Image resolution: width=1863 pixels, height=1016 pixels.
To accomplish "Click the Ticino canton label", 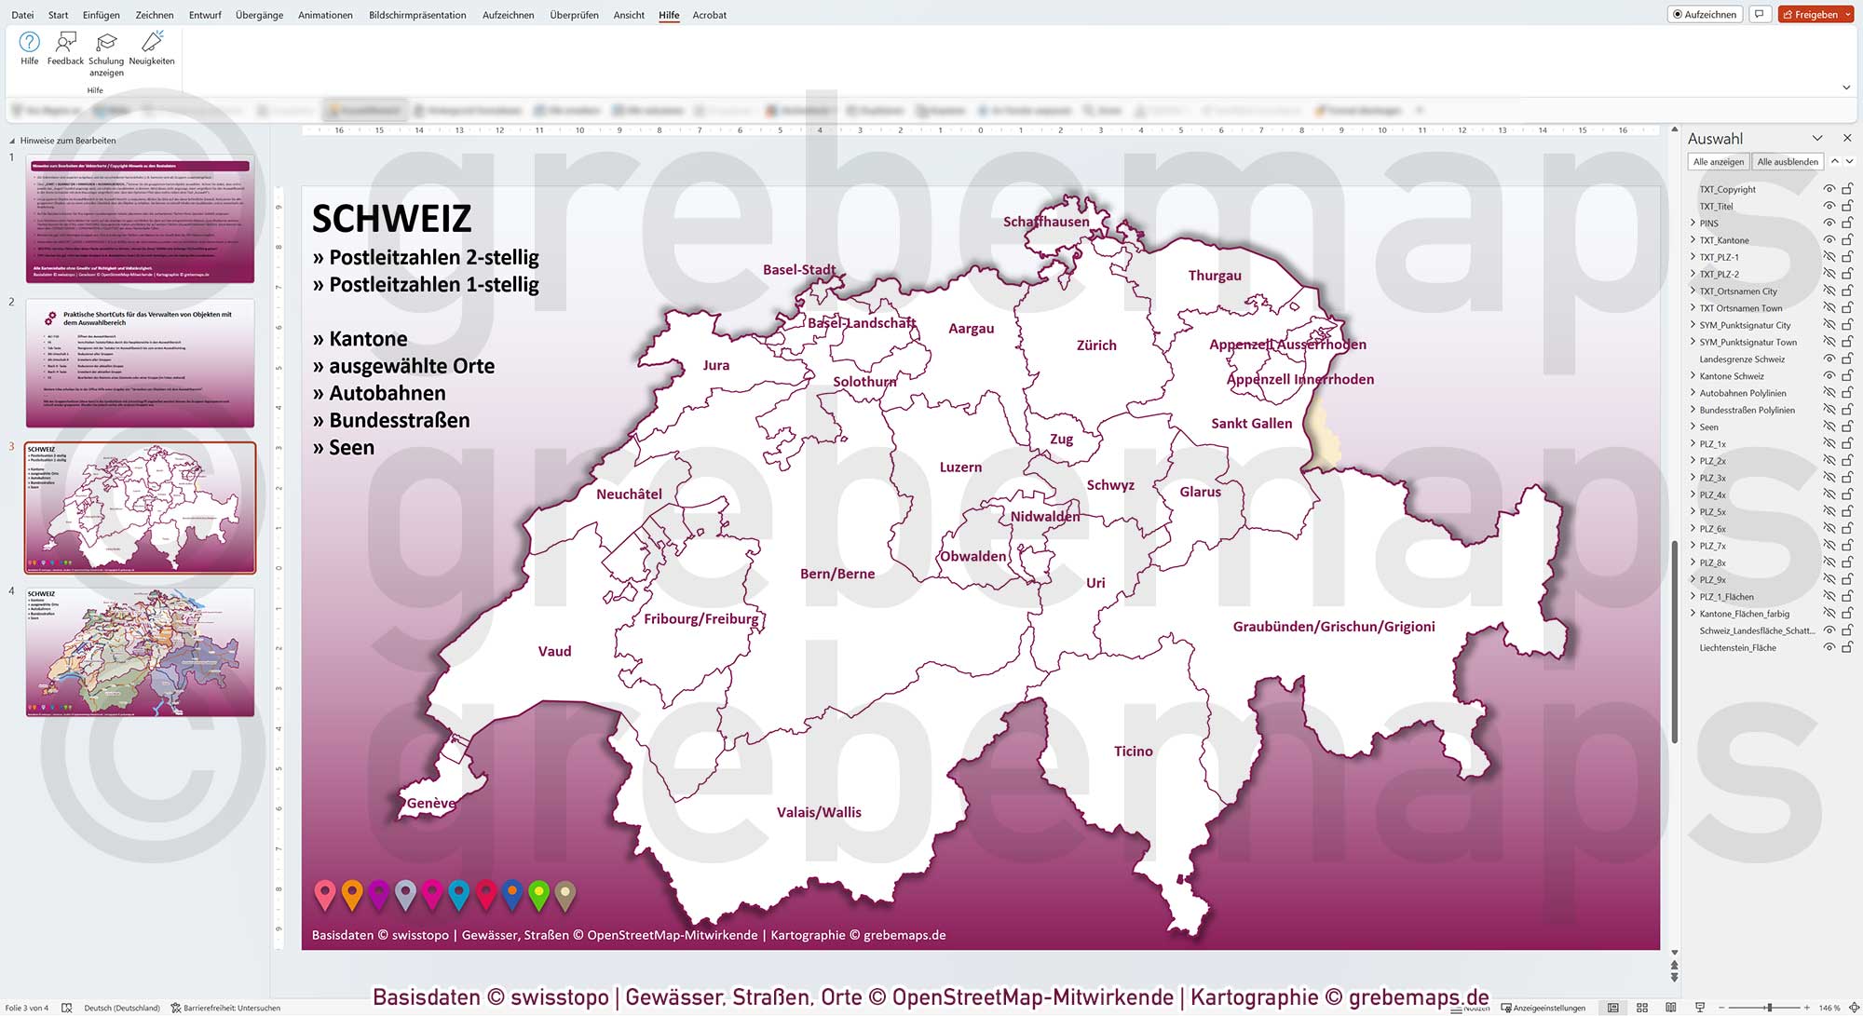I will tap(1133, 752).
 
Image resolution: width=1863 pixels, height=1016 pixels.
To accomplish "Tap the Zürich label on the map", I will tap(1096, 345).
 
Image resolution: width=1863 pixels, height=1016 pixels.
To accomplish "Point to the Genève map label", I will tap(431, 804).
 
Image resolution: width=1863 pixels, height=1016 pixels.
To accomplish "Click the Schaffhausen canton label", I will tap(1046, 222).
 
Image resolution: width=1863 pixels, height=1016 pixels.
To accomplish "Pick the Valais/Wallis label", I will tap(819, 813).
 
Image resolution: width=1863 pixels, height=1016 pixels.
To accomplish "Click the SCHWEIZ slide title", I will tap(392, 219).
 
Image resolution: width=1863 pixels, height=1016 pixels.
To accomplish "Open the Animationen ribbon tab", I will tap(325, 15).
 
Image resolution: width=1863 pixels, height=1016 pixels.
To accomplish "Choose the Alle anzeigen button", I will tap(1719, 162).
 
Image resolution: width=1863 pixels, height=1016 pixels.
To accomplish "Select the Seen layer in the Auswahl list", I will tap(1708, 427).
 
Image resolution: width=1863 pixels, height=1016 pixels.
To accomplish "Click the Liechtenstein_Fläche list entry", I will tap(1737, 648).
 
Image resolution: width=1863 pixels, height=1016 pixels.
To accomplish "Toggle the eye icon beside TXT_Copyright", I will tap(1829, 189).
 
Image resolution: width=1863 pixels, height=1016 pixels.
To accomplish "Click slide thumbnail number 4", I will tap(140, 652).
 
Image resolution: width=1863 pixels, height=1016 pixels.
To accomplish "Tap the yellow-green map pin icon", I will tap(538, 894).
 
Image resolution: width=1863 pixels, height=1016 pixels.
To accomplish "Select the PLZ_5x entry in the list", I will tap(1712, 512).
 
